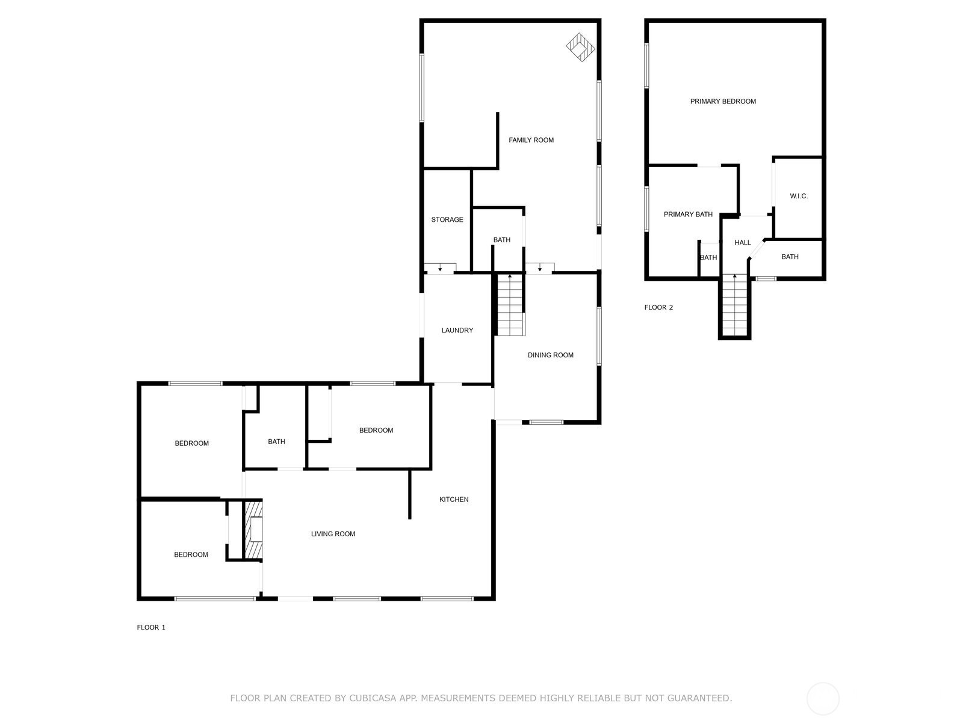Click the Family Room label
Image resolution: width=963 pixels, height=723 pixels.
point(531,140)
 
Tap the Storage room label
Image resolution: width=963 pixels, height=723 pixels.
point(447,219)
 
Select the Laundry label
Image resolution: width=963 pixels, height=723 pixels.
point(457,330)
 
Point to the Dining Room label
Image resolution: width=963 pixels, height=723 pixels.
point(550,355)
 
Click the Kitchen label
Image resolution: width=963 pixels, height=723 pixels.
point(454,499)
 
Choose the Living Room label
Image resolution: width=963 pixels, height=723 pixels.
point(333,534)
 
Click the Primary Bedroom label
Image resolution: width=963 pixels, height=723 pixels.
point(723,101)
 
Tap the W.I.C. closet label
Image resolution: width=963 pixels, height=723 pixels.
point(799,196)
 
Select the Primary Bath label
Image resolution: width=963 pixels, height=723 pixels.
point(688,214)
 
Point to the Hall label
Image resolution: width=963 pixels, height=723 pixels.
point(742,242)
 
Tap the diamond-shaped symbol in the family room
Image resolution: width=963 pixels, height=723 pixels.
point(580,47)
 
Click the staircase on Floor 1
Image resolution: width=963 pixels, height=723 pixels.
point(510,305)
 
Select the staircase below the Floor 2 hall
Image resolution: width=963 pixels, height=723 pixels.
point(734,305)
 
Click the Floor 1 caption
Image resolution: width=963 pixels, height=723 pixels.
point(151,627)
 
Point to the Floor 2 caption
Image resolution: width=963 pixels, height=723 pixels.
point(658,307)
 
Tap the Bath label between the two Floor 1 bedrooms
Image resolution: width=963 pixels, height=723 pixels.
point(276,442)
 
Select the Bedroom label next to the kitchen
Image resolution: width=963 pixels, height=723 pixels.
point(376,430)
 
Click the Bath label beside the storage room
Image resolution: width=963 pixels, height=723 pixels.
point(501,240)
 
